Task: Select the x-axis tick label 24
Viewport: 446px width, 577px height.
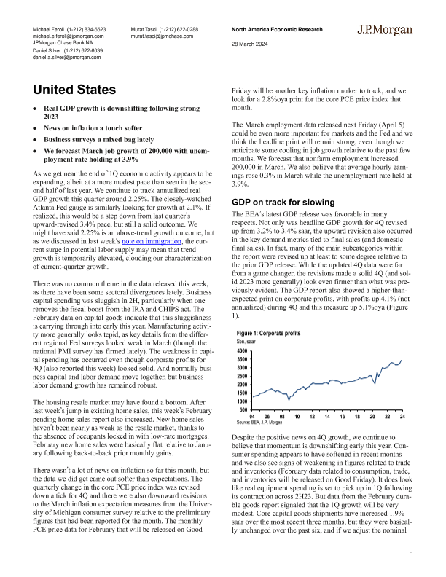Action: tap(402, 417)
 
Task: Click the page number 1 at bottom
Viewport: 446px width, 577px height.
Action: tap(412, 554)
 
